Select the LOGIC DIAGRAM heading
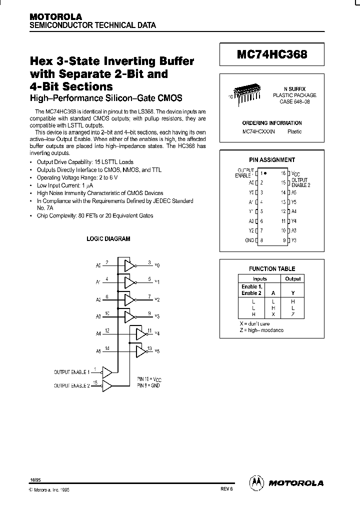[x=108, y=239]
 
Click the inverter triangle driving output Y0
[x=129, y=265]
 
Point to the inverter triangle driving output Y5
[x=141, y=351]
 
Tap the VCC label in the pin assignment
[x=297, y=173]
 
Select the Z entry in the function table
[x=293, y=314]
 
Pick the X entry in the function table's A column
[x=273, y=314]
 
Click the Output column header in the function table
[x=293, y=279]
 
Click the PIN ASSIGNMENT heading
[x=272, y=160]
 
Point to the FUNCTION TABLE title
[x=272, y=269]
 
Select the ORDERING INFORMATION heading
[x=272, y=123]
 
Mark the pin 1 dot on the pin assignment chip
[x=265, y=173]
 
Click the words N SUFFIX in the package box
[x=294, y=88]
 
